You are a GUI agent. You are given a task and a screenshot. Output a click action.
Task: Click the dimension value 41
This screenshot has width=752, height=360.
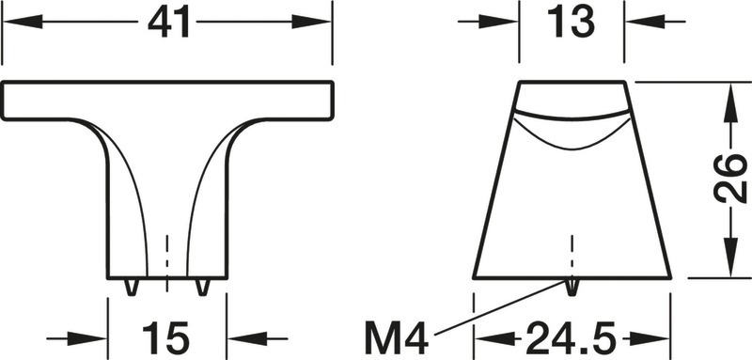click(x=168, y=23)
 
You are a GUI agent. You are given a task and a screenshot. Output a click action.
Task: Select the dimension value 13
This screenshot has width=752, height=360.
click(x=571, y=23)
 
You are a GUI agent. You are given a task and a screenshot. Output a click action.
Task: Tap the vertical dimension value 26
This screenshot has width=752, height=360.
click(x=730, y=179)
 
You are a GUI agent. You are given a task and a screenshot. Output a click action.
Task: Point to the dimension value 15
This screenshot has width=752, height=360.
click(x=166, y=338)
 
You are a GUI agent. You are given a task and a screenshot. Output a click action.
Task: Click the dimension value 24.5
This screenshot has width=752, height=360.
click(x=571, y=338)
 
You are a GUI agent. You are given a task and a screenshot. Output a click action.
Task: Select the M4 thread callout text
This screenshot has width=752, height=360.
click(x=396, y=338)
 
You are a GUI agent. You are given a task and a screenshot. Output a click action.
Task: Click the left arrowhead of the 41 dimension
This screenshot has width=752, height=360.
click(x=23, y=22)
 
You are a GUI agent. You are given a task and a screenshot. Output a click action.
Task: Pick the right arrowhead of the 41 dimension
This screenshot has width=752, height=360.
click(x=311, y=22)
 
